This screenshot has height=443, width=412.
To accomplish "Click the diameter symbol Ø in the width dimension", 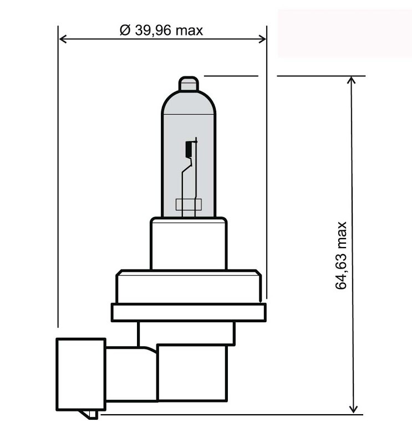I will (125, 30).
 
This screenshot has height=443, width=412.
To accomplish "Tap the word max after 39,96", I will (189, 30).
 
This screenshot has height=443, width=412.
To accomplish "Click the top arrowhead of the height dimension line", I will (352, 81).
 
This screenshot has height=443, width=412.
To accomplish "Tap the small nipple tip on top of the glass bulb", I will (189, 84).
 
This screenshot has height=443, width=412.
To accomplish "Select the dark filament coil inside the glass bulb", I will (189, 148).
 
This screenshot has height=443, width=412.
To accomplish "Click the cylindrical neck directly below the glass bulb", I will (189, 244).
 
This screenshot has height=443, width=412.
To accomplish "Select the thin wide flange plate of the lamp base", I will (189, 312).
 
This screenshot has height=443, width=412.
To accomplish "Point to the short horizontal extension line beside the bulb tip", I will (231, 76).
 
